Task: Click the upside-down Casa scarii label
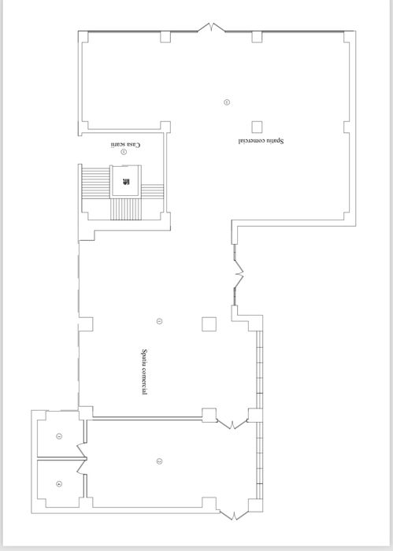pos(125,145)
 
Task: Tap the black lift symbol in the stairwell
pos(126,183)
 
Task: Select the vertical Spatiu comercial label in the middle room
pos(144,372)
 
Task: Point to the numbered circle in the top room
pos(227,102)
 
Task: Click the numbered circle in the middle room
pos(159,320)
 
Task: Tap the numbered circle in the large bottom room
pos(159,460)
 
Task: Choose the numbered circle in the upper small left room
pos(59,436)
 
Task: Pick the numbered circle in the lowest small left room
pos(59,483)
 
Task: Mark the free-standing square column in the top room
pos(257,126)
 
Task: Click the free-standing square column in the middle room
pos(209,323)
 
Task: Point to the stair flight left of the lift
pos(95,189)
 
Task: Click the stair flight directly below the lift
pos(125,209)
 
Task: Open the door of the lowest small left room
pos(80,466)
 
